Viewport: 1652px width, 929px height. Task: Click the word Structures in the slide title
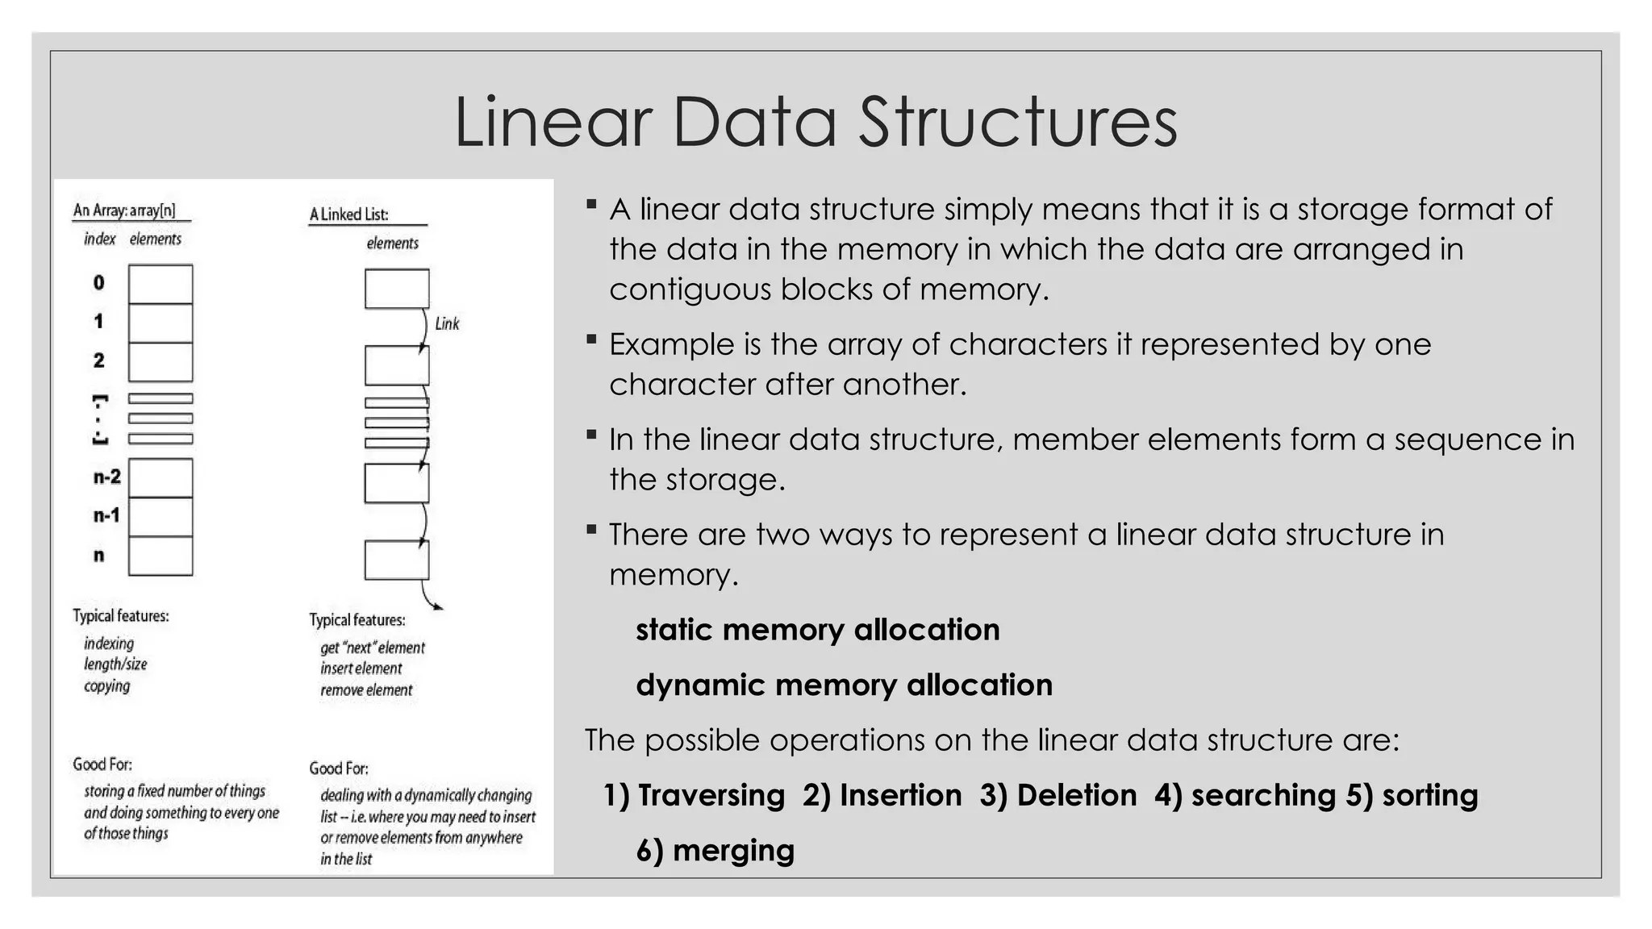[x=1017, y=123]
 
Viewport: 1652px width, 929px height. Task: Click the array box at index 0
[x=161, y=284]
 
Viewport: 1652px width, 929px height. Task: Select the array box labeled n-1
[x=161, y=517]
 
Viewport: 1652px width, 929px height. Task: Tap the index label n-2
[x=106, y=477]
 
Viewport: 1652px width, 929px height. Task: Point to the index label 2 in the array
[x=98, y=360]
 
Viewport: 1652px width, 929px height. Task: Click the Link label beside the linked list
[x=447, y=324]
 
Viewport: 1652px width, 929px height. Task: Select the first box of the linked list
[x=397, y=289]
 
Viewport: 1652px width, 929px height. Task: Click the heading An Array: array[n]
[x=124, y=211]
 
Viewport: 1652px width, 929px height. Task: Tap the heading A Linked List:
[x=349, y=215]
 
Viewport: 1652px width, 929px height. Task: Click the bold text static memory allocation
[x=817, y=630]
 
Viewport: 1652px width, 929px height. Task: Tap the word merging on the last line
[x=732, y=851]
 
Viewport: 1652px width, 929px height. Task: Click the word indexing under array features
[x=109, y=644]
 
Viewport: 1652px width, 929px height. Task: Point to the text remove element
[x=366, y=690]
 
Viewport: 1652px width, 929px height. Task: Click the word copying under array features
[x=106, y=686]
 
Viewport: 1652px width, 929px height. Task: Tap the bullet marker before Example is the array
[x=591, y=340]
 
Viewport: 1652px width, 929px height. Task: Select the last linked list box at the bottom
[x=397, y=560]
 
